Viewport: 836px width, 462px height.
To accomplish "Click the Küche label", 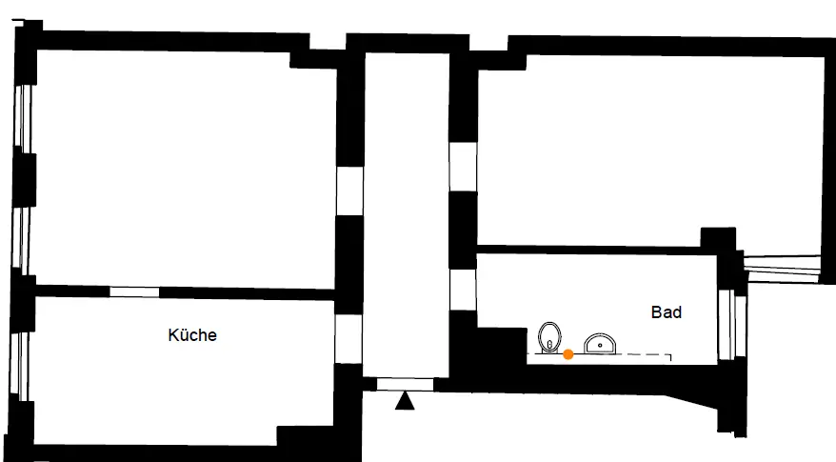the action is [192, 335].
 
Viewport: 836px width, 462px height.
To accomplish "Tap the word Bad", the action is [667, 311].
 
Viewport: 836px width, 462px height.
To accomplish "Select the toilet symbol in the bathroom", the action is [549, 336].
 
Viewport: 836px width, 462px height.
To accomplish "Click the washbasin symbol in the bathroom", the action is [600, 342].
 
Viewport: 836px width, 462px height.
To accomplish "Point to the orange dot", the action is [568, 354].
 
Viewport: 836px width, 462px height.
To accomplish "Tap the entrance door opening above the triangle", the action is [405, 384].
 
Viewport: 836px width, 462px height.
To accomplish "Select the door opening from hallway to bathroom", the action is [463, 290].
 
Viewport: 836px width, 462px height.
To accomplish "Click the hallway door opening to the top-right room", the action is [463, 166].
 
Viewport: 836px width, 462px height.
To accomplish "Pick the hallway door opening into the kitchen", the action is [348, 332].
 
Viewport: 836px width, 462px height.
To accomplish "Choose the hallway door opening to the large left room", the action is [349, 191].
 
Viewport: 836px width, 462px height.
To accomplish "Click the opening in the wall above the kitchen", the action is [133, 291].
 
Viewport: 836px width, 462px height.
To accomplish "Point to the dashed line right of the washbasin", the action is [647, 354].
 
